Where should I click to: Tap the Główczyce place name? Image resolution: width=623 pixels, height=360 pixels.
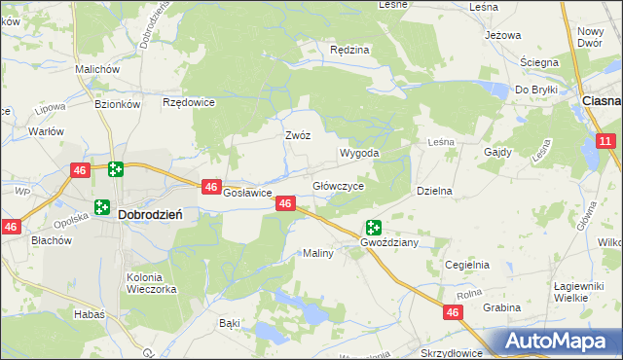(338, 185)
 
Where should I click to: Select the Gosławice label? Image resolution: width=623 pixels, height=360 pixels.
(246, 193)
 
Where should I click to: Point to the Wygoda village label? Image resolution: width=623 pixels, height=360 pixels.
(358, 154)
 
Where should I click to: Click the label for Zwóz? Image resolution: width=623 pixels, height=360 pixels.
(297, 135)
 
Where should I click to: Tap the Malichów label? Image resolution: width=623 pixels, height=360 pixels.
(97, 70)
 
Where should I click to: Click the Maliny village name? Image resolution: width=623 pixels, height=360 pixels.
(318, 253)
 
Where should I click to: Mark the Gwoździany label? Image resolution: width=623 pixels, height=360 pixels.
(388, 242)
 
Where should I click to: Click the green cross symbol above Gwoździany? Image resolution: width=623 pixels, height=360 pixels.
(373, 227)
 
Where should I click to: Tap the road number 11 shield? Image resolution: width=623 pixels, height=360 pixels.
(605, 142)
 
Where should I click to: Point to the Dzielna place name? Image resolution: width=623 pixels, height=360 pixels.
(434, 192)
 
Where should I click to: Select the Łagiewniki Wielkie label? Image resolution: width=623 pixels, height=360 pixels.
(581, 291)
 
